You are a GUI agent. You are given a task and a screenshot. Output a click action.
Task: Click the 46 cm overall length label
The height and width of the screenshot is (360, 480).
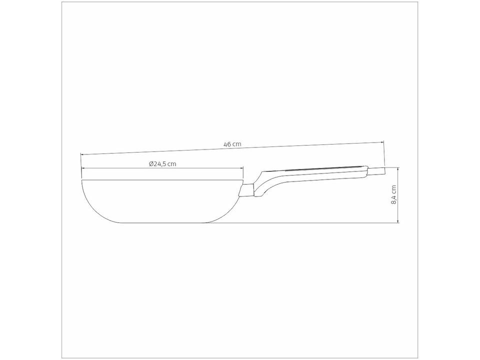[x=232, y=144]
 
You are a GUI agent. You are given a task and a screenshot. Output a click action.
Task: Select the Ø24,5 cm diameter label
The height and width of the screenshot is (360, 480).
[x=162, y=163]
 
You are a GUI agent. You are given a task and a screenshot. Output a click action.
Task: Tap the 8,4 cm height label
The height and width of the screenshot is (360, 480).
[x=394, y=194]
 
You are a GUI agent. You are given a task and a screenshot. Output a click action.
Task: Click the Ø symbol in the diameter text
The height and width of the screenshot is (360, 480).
[x=151, y=163]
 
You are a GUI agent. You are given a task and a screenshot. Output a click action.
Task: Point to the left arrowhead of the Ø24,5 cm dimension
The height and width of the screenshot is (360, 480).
[x=83, y=169]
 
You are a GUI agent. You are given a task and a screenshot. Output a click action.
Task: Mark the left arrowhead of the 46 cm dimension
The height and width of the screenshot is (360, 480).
[x=83, y=155]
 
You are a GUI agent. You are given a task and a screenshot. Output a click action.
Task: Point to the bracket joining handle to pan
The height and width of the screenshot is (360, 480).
[x=247, y=190]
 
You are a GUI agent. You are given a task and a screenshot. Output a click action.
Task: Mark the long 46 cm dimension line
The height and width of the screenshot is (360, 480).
[x=300, y=146]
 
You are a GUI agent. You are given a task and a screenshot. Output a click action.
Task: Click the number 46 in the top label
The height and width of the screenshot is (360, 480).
[x=227, y=144]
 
